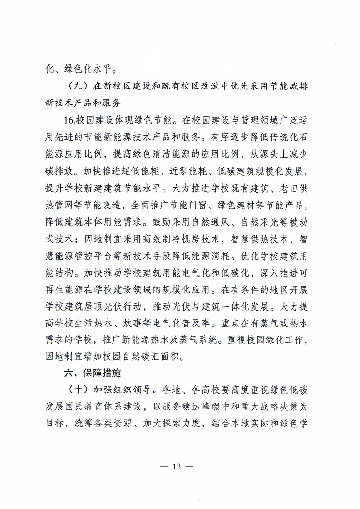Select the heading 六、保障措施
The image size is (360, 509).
pyautogui.click(x=91, y=374)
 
